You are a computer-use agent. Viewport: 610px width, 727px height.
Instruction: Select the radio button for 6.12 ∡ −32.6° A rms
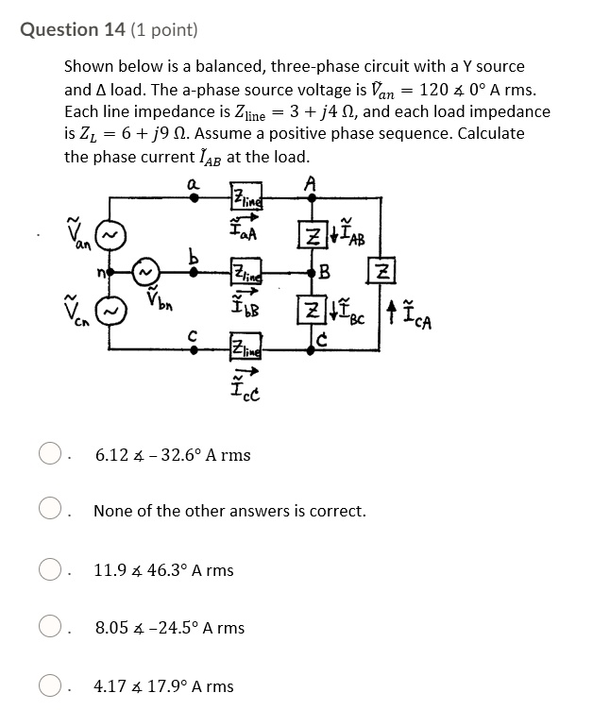click(x=49, y=455)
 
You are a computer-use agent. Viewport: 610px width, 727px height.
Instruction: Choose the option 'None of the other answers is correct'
click(x=49, y=512)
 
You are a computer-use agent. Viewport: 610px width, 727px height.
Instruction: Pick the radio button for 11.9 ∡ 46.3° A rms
click(x=49, y=570)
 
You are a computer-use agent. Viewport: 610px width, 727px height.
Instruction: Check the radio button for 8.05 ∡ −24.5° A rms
click(x=49, y=628)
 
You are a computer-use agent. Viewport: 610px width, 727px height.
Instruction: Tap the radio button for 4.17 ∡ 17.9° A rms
click(x=49, y=686)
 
